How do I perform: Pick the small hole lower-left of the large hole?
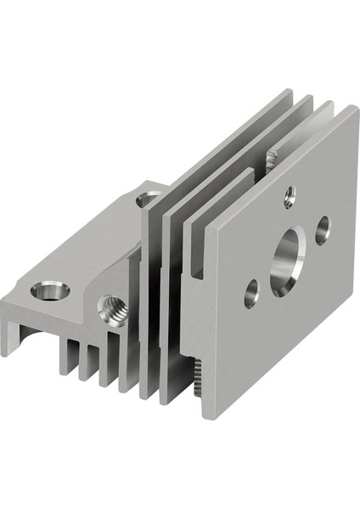251,294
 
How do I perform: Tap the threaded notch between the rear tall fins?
272,158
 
